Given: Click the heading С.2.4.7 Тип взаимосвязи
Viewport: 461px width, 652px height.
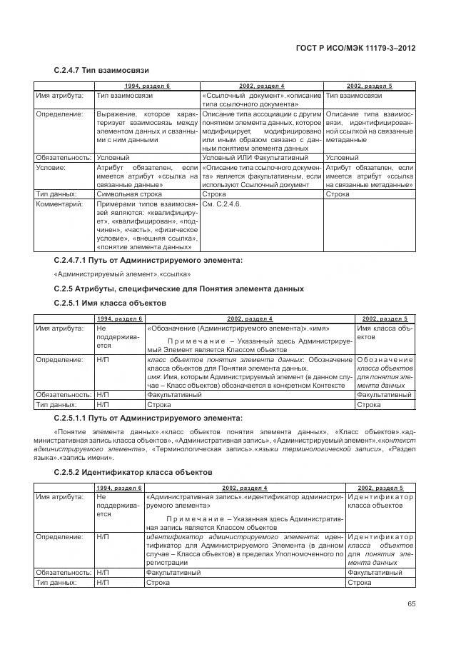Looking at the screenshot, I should (101, 71).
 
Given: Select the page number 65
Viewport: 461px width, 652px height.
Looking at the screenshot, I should (411, 604).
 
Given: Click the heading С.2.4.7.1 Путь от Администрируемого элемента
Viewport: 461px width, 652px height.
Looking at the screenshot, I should (148, 261).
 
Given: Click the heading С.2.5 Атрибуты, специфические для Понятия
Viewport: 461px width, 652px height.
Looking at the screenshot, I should (179, 289).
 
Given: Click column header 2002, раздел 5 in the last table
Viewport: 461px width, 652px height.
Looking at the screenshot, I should (380, 488).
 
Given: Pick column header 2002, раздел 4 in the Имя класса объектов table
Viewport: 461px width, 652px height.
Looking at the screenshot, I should (249, 318).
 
